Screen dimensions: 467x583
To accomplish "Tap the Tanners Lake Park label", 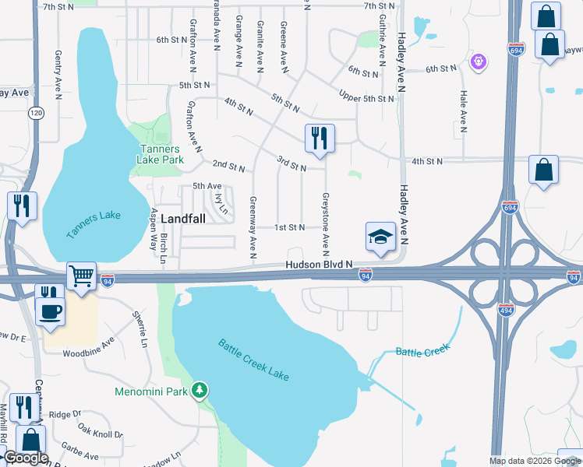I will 160,154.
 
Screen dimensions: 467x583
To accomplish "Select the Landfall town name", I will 183,219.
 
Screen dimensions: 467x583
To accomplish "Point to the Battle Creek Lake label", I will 253,360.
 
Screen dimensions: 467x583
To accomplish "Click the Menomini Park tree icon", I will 201,390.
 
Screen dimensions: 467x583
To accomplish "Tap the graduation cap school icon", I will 380,237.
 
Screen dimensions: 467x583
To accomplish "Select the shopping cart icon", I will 80,276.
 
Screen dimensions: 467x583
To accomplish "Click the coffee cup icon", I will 51,311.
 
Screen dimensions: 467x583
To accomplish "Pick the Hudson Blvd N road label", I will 320,265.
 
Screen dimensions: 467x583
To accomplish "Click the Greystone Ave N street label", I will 326,224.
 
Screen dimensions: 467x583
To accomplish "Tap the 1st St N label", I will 289,227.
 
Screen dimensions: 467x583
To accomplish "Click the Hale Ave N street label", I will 463,109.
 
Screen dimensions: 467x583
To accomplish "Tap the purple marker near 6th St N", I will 479,60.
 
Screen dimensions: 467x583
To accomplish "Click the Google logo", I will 26,458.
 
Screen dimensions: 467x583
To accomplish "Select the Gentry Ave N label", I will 58,75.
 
